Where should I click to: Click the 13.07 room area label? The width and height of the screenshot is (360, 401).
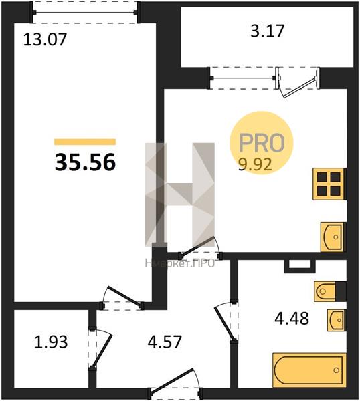tap(45, 40)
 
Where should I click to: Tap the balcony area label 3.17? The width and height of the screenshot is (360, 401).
tap(267, 31)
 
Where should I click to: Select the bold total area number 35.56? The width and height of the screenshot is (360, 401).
tap(85, 163)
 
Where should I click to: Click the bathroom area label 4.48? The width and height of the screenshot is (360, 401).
tap(292, 318)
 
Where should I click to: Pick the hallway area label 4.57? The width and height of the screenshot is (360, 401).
tap(165, 342)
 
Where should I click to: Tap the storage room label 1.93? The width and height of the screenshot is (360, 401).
tap(51, 342)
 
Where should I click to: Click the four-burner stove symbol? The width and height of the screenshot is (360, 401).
tap(329, 184)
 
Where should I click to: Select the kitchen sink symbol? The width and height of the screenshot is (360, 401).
tap(333, 237)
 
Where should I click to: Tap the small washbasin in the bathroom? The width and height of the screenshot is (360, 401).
tap(336, 320)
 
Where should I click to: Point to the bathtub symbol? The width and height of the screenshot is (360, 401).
tap(309, 370)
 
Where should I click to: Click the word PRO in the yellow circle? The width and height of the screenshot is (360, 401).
tap(262, 143)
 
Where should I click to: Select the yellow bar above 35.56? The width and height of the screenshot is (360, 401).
tap(85, 142)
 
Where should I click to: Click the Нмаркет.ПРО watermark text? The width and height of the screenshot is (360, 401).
tap(180, 263)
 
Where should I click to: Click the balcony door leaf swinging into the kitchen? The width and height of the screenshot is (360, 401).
tap(300, 87)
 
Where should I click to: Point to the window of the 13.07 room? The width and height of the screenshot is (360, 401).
tap(85, 12)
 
